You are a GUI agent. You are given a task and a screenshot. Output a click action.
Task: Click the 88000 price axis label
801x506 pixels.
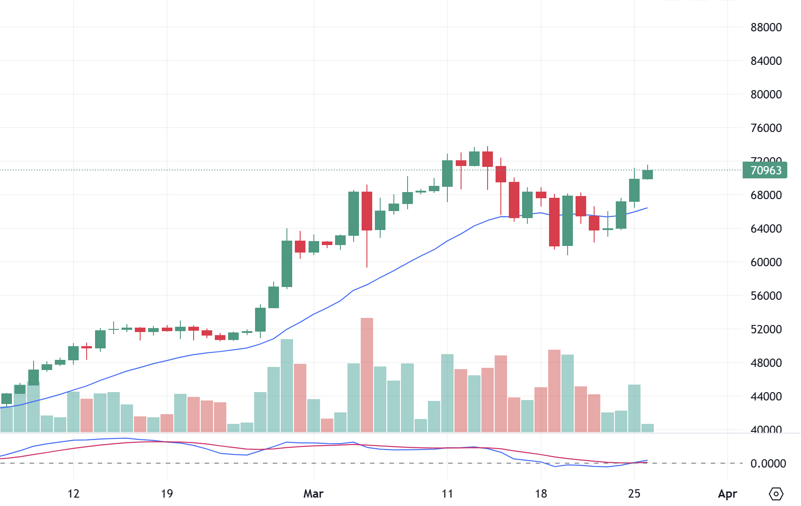[x=766, y=27]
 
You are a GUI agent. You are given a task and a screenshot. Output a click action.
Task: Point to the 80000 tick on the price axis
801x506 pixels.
[x=766, y=94]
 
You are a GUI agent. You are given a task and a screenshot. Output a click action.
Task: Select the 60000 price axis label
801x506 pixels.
[x=766, y=262]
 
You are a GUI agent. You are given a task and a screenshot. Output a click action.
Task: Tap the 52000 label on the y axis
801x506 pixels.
[x=766, y=329]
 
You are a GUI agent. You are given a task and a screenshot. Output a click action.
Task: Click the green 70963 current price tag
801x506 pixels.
[x=765, y=170]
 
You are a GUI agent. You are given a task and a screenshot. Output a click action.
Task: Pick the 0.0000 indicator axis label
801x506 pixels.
[x=768, y=464]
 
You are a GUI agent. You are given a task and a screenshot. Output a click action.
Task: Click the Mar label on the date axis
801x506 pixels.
[x=313, y=494]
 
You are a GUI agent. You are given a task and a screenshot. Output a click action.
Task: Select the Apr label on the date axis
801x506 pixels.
[x=727, y=494]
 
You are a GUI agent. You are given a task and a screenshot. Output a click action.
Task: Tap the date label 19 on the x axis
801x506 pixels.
[x=167, y=494]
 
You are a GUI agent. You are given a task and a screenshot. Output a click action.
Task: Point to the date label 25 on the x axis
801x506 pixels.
[x=634, y=494]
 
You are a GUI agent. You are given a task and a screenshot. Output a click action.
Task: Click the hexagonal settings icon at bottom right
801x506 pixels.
[x=776, y=494]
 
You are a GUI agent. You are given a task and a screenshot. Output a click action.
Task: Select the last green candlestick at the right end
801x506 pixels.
[x=648, y=174]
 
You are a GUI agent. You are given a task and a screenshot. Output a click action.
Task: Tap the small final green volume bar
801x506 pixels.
[x=648, y=428]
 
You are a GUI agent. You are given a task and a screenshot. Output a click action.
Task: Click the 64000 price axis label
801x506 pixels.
[x=766, y=229]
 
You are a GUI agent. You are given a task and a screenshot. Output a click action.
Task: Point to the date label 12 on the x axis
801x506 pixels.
[x=73, y=494]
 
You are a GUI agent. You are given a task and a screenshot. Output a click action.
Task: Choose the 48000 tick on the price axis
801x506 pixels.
[x=766, y=363]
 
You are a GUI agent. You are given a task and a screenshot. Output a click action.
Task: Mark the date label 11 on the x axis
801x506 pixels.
[x=447, y=494]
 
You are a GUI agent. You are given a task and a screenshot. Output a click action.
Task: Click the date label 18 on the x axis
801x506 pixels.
[x=541, y=494]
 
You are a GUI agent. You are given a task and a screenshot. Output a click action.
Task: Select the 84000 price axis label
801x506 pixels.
[x=766, y=61]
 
